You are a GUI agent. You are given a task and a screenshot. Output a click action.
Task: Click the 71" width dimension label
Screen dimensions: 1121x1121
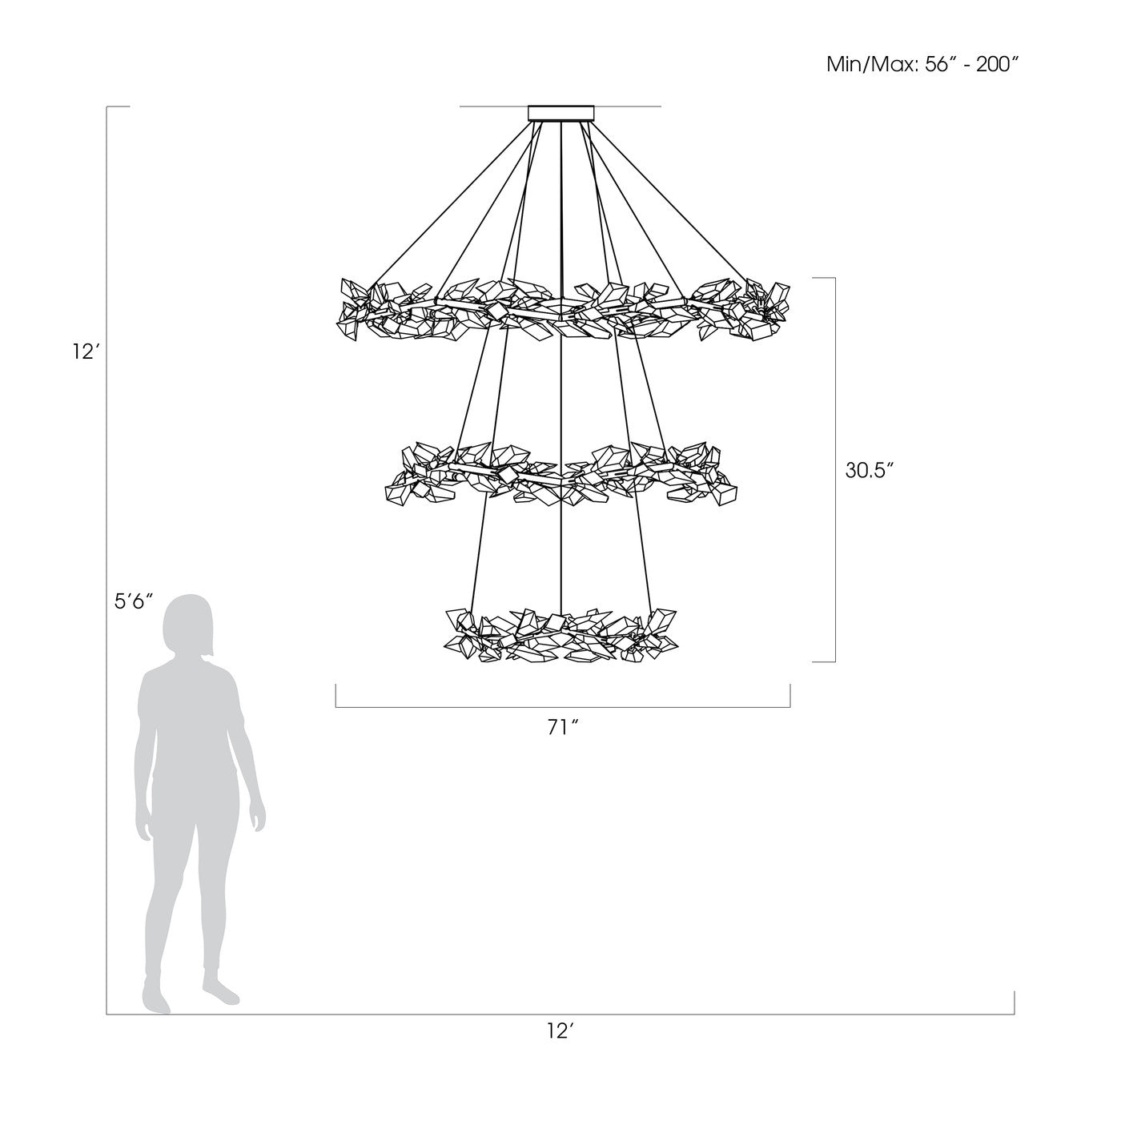click(563, 728)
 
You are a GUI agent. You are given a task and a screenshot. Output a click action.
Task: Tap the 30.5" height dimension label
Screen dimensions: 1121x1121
click(869, 470)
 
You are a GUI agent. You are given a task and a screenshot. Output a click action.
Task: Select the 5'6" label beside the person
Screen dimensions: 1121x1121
click(134, 601)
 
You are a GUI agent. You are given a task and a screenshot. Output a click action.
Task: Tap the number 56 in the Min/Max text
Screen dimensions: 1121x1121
click(937, 65)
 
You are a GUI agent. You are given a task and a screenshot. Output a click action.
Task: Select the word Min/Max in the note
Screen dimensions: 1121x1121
click(871, 65)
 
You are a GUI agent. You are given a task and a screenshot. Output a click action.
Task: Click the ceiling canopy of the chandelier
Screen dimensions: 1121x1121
click(560, 113)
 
